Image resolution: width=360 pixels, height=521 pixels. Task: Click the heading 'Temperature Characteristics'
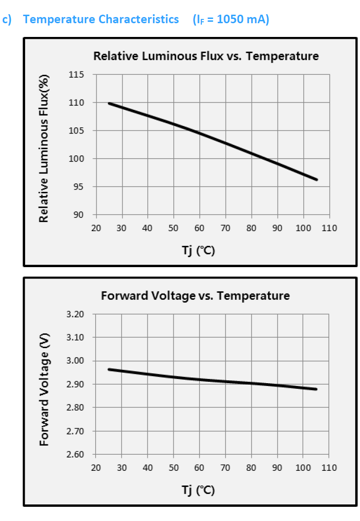click(101, 19)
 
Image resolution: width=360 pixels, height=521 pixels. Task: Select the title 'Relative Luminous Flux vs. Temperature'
click(206, 56)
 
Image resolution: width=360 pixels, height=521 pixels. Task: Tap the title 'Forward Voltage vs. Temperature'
click(195, 296)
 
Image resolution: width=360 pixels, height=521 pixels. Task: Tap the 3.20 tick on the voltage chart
click(76, 314)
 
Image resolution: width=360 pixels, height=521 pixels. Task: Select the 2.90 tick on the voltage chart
click(76, 385)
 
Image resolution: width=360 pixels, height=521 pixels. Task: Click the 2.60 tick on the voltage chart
click(76, 455)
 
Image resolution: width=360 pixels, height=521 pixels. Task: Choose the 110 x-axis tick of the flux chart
click(329, 228)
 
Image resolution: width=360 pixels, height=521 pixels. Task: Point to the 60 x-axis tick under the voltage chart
click(199, 468)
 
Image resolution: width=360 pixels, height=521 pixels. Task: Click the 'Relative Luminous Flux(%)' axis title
click(44, 148)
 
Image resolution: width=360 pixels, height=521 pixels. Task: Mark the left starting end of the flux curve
click(109, 103)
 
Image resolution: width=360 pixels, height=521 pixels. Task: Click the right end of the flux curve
click(316, 180)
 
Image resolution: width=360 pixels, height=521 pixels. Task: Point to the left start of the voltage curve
click(109, 369)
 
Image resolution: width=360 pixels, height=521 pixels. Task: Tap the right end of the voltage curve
click(316, 389)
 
